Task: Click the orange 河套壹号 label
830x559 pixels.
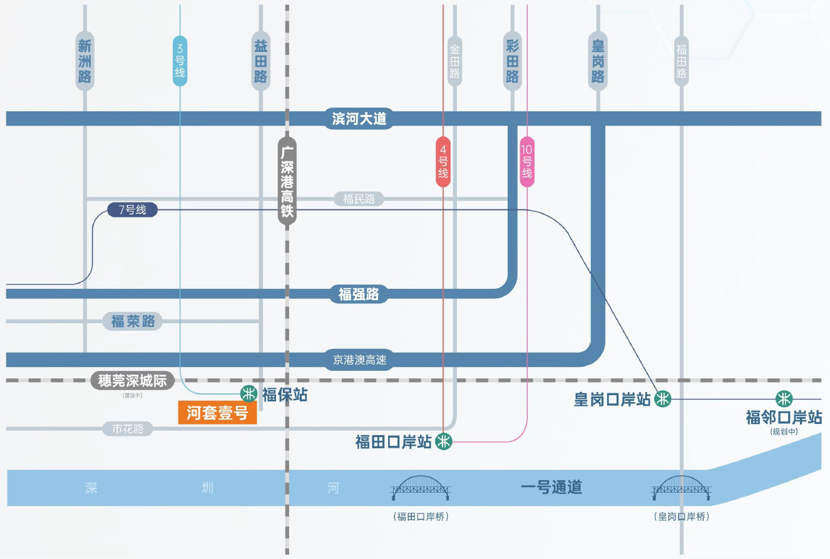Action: pyautogui.click(x=217, y=413)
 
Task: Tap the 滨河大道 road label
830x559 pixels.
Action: pyautogui.click(x=359, y=118)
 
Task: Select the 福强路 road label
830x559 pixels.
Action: pyautogui.click(x=359, y=293)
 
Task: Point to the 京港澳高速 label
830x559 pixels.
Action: pyautogui.click(x=359, y=360)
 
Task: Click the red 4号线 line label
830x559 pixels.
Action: pyautogui.click(x=443, y=162)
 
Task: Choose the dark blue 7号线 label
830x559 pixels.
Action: pyautogui.click(x=131, y=210)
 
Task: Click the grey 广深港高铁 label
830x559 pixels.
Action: pyautogui.click(x=287, y=181)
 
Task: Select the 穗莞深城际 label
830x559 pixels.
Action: pyautogui.click(x=132, y=380)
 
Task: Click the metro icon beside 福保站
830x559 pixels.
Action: pyautogui.click(x=249, y=393)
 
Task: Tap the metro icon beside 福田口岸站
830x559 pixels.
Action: pyautogui.click(x=444, y=441)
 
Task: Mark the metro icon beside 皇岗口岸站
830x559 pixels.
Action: pyautogui.click(x=663, y=398)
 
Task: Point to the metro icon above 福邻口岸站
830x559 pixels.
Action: pyautogui.click(x=784, y=398)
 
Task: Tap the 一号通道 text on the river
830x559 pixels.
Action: pyautogui.click(x=551, y=487)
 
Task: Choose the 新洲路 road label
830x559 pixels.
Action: pyautogui.click(x=85, y=61)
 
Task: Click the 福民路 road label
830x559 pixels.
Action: pyautogui.click(x=359, y=199)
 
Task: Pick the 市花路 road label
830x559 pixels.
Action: pyautogui.click(x=128, y=429)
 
